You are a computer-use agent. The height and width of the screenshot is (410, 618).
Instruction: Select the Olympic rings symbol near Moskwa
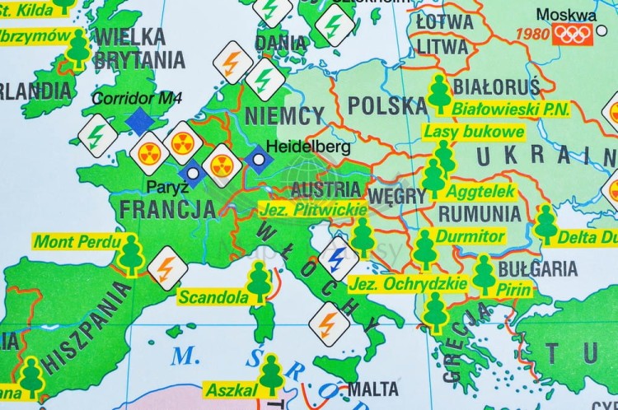pos(573,34)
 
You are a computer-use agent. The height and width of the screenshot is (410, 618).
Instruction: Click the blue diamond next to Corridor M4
pos(140,120)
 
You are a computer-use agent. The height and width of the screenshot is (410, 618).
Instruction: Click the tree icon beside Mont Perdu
pos(130,254)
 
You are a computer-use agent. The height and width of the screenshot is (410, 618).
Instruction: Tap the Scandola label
pos(213,296)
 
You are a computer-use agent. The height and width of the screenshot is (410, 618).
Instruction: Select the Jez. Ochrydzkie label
pos(408,284)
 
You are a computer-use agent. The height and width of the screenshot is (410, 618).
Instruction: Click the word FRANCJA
pos(168,208)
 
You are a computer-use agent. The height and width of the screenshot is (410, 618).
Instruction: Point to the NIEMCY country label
pos(284,114)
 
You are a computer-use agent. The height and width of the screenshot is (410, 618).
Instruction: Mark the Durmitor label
pos(470,236)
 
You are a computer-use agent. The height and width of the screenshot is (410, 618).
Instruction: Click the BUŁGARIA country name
pos(538,268)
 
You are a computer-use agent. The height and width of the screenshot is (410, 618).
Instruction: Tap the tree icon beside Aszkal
pos(271,375)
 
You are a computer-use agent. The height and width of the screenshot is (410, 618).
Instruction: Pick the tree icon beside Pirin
pos(485,274)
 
